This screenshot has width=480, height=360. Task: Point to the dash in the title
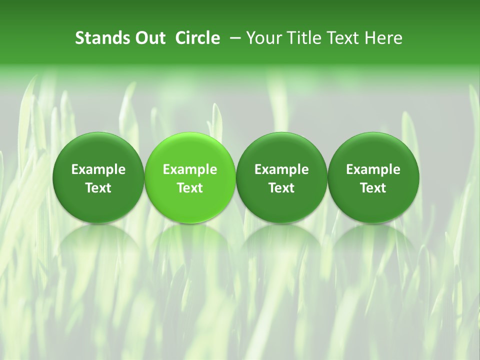point(233,38)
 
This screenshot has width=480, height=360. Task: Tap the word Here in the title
point(383,38)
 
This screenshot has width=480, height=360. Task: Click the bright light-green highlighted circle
point(190,177)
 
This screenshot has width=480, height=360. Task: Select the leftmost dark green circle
point(98,177)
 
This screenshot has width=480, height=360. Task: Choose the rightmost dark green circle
point(373,177)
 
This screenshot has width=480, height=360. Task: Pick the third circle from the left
point(281,177)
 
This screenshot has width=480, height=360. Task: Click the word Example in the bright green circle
point(190,170)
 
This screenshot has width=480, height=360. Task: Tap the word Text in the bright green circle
point(190,188)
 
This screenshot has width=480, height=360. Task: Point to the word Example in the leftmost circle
point(98,170)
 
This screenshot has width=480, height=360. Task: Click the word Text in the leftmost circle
point(98,188)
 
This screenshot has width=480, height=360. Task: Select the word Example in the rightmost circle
point(373,170)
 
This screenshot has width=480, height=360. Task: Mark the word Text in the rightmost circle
point(373,188)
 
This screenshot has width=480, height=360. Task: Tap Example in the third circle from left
point(281,170)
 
